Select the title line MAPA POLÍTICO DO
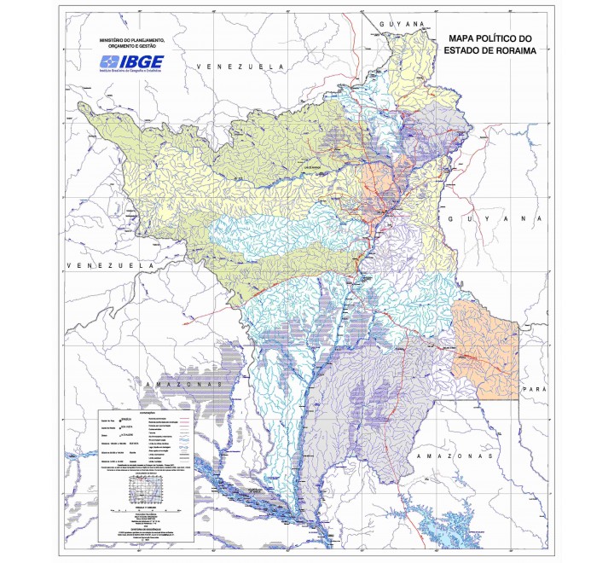tap(489, 38)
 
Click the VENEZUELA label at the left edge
tap(107, 266)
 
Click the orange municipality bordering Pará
tap(484, 348)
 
